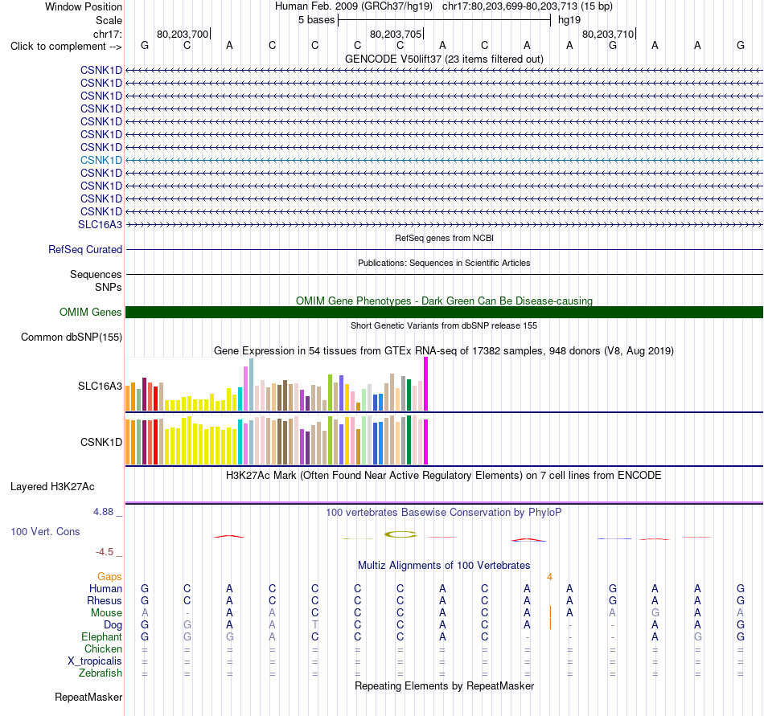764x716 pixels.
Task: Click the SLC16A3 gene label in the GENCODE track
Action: click(100, 224)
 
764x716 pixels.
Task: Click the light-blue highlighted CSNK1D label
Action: click(101, 160)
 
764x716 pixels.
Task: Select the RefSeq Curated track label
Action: click(85, 249)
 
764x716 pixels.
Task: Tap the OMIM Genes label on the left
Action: click(91, 312)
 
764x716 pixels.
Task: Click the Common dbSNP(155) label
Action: click(72, 337)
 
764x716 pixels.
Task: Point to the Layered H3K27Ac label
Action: click(52, 487)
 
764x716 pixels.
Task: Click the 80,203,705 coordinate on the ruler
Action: click(396, 34)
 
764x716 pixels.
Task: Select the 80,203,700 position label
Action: click(183, 34)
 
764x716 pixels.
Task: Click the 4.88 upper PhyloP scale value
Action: click(103, 512)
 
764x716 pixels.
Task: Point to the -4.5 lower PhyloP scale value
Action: click(105, 551)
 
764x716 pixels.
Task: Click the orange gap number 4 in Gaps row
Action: click(549, 577)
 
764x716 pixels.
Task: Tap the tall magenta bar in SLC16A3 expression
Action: click(426, 384)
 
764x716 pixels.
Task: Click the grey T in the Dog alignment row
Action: click(314, 624)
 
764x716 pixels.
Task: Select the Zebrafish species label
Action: click(101, 673)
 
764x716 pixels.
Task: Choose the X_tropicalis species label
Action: click(95, 661)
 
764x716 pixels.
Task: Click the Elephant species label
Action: click(102, 636)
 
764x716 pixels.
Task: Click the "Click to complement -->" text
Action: click(66, 47)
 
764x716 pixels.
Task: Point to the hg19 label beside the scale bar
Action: click(569, 20)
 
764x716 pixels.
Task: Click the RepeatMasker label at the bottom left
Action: click(88, 697)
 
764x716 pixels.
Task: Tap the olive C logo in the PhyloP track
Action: click(400, 534)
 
